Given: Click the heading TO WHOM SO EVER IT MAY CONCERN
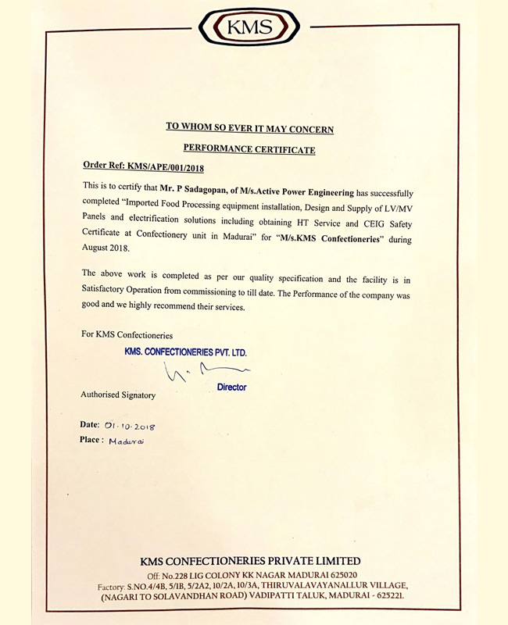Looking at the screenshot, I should (250, 127).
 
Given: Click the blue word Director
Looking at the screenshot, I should (231, 387).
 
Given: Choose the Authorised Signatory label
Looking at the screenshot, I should (117, 395).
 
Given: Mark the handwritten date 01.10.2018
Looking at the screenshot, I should (130, 426).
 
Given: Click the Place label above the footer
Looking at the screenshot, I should (91, 440).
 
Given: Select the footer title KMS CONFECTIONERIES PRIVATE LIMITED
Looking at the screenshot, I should (250, 561).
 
